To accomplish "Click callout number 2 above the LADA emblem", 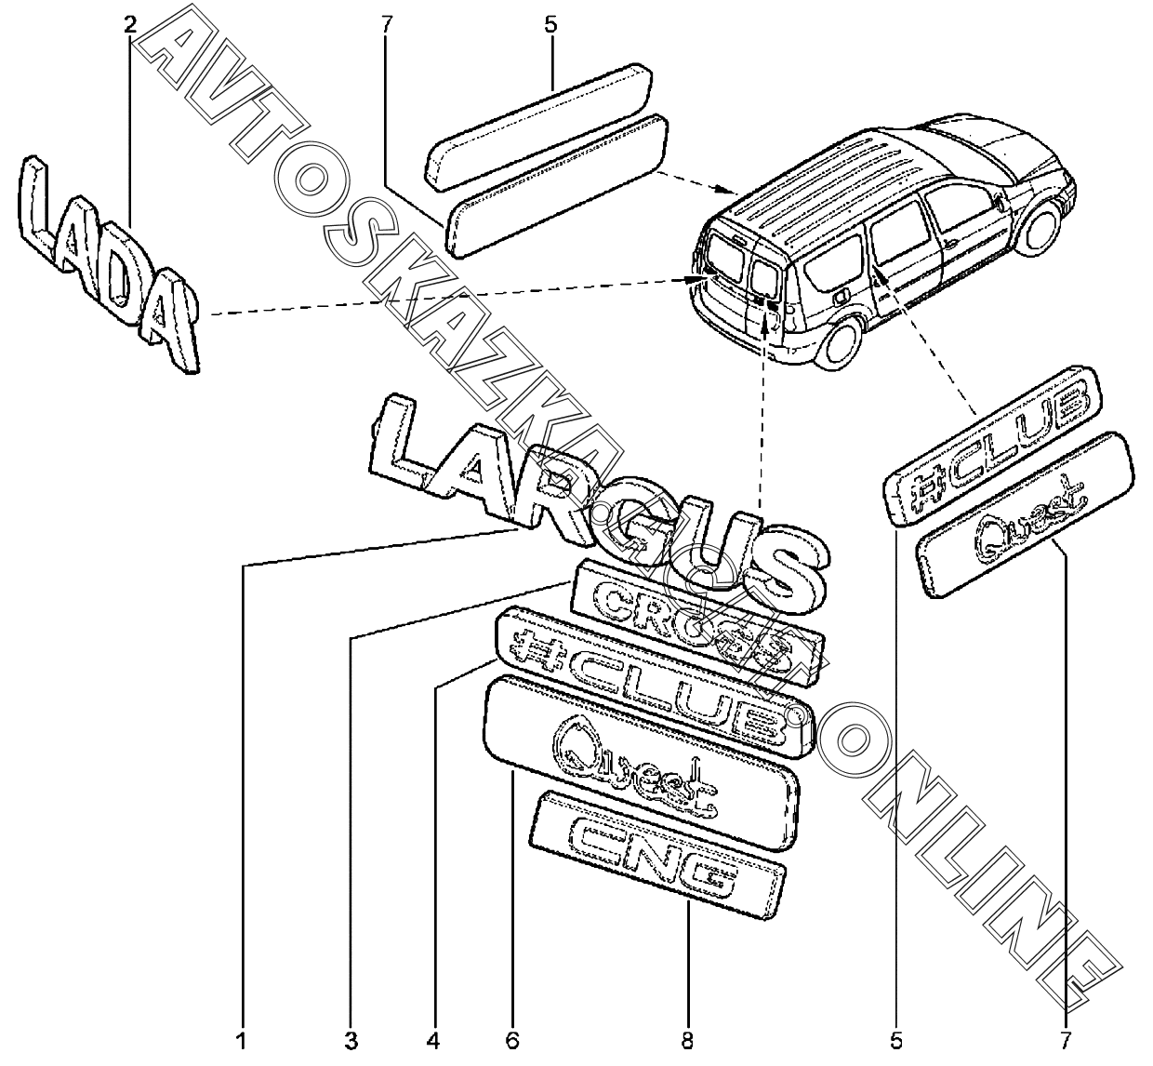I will pos(130,24).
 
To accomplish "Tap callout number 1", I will pos(241,1041).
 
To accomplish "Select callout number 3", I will pos(351,1041).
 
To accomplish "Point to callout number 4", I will pos(432,1041).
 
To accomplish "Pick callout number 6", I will pos(512,1041).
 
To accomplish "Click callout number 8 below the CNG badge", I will pos(686,1041).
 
